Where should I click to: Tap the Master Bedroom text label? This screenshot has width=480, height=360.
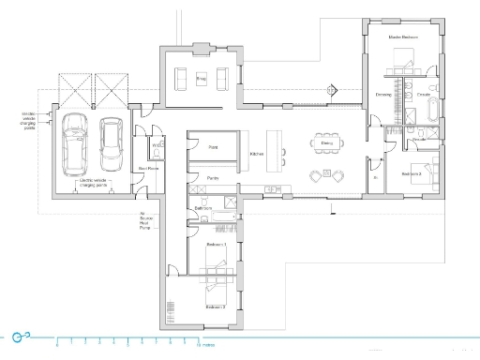[x=402, y=38]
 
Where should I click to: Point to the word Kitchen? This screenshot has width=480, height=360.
[x=256, y=154]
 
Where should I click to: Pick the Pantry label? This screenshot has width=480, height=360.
[x=213, y=176]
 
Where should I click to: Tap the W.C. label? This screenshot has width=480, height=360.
[x=158, y=146]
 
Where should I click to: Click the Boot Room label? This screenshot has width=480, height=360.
[x=146, y=169]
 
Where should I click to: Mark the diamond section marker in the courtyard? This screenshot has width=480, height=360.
[x=330, y=91]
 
